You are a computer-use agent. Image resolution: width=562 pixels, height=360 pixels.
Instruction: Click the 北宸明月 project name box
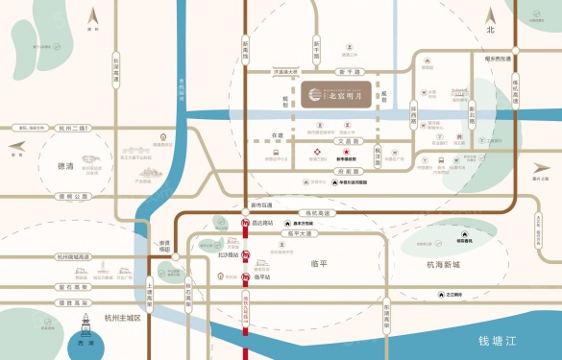point(337,95)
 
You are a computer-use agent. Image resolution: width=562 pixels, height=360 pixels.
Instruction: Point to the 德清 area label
point(66,165)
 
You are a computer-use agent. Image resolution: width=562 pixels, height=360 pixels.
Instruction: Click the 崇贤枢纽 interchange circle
point(164,249)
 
